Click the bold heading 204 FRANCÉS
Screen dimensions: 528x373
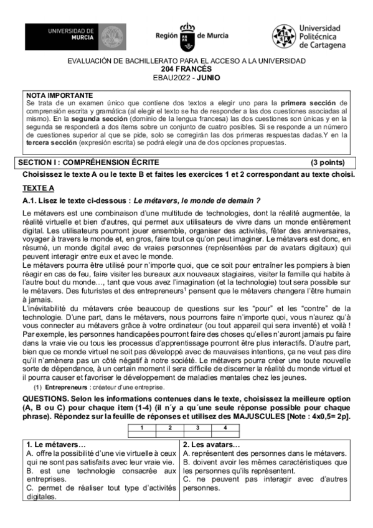[x=186, y=69]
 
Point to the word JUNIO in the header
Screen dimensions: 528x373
[x=208, y=77]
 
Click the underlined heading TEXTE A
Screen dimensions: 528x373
[x=39, y=187]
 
